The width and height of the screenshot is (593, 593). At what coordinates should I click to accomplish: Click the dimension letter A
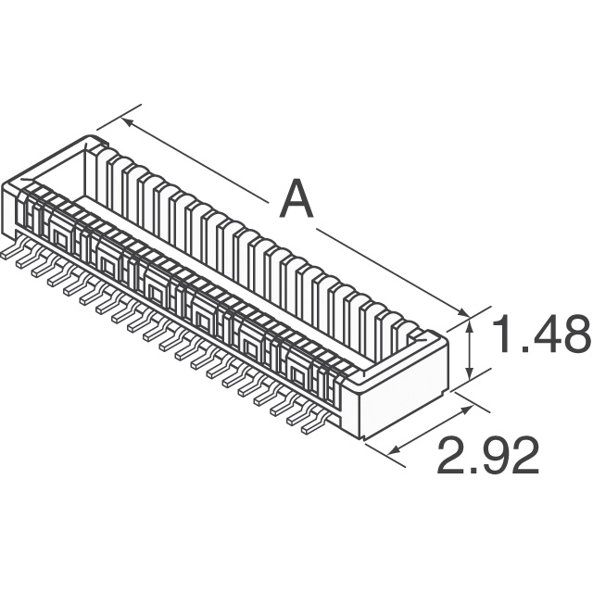point(296,199)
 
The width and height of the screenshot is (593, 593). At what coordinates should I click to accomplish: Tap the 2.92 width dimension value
point(488,455)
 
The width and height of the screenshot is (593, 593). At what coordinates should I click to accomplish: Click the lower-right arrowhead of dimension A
point(462,312)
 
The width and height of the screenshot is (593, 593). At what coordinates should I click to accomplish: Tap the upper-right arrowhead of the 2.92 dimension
point(467,409)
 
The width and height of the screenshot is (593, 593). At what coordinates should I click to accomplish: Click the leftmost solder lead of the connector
point(8,253)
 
